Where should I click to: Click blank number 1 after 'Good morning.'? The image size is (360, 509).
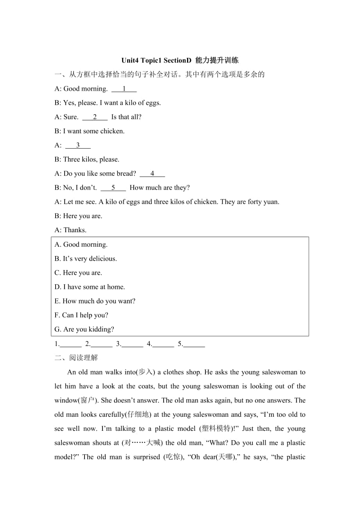(x=124, y=89)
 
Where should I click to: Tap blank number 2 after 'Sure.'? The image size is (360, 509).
(x=95, y=117)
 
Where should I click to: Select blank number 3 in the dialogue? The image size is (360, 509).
(x=78, y=145)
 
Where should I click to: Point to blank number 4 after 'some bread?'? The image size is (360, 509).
(x=152, y=174)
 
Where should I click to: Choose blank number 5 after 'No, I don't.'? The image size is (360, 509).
(x=113, y=188)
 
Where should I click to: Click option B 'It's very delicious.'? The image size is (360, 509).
(x=86, y=258)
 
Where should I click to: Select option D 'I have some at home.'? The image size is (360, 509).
(x=90, y=287)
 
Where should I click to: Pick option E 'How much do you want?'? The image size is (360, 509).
(x=95, y=301)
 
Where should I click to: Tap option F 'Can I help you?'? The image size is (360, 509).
(x=81, y=315)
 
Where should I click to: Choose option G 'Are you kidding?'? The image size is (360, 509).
(x=84, y=329)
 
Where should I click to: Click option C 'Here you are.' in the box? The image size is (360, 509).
(x=78, y=273)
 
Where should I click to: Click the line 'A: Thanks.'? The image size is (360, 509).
(x=70, y=230)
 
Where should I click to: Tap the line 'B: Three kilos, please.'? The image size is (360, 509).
(x=87, y=160)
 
